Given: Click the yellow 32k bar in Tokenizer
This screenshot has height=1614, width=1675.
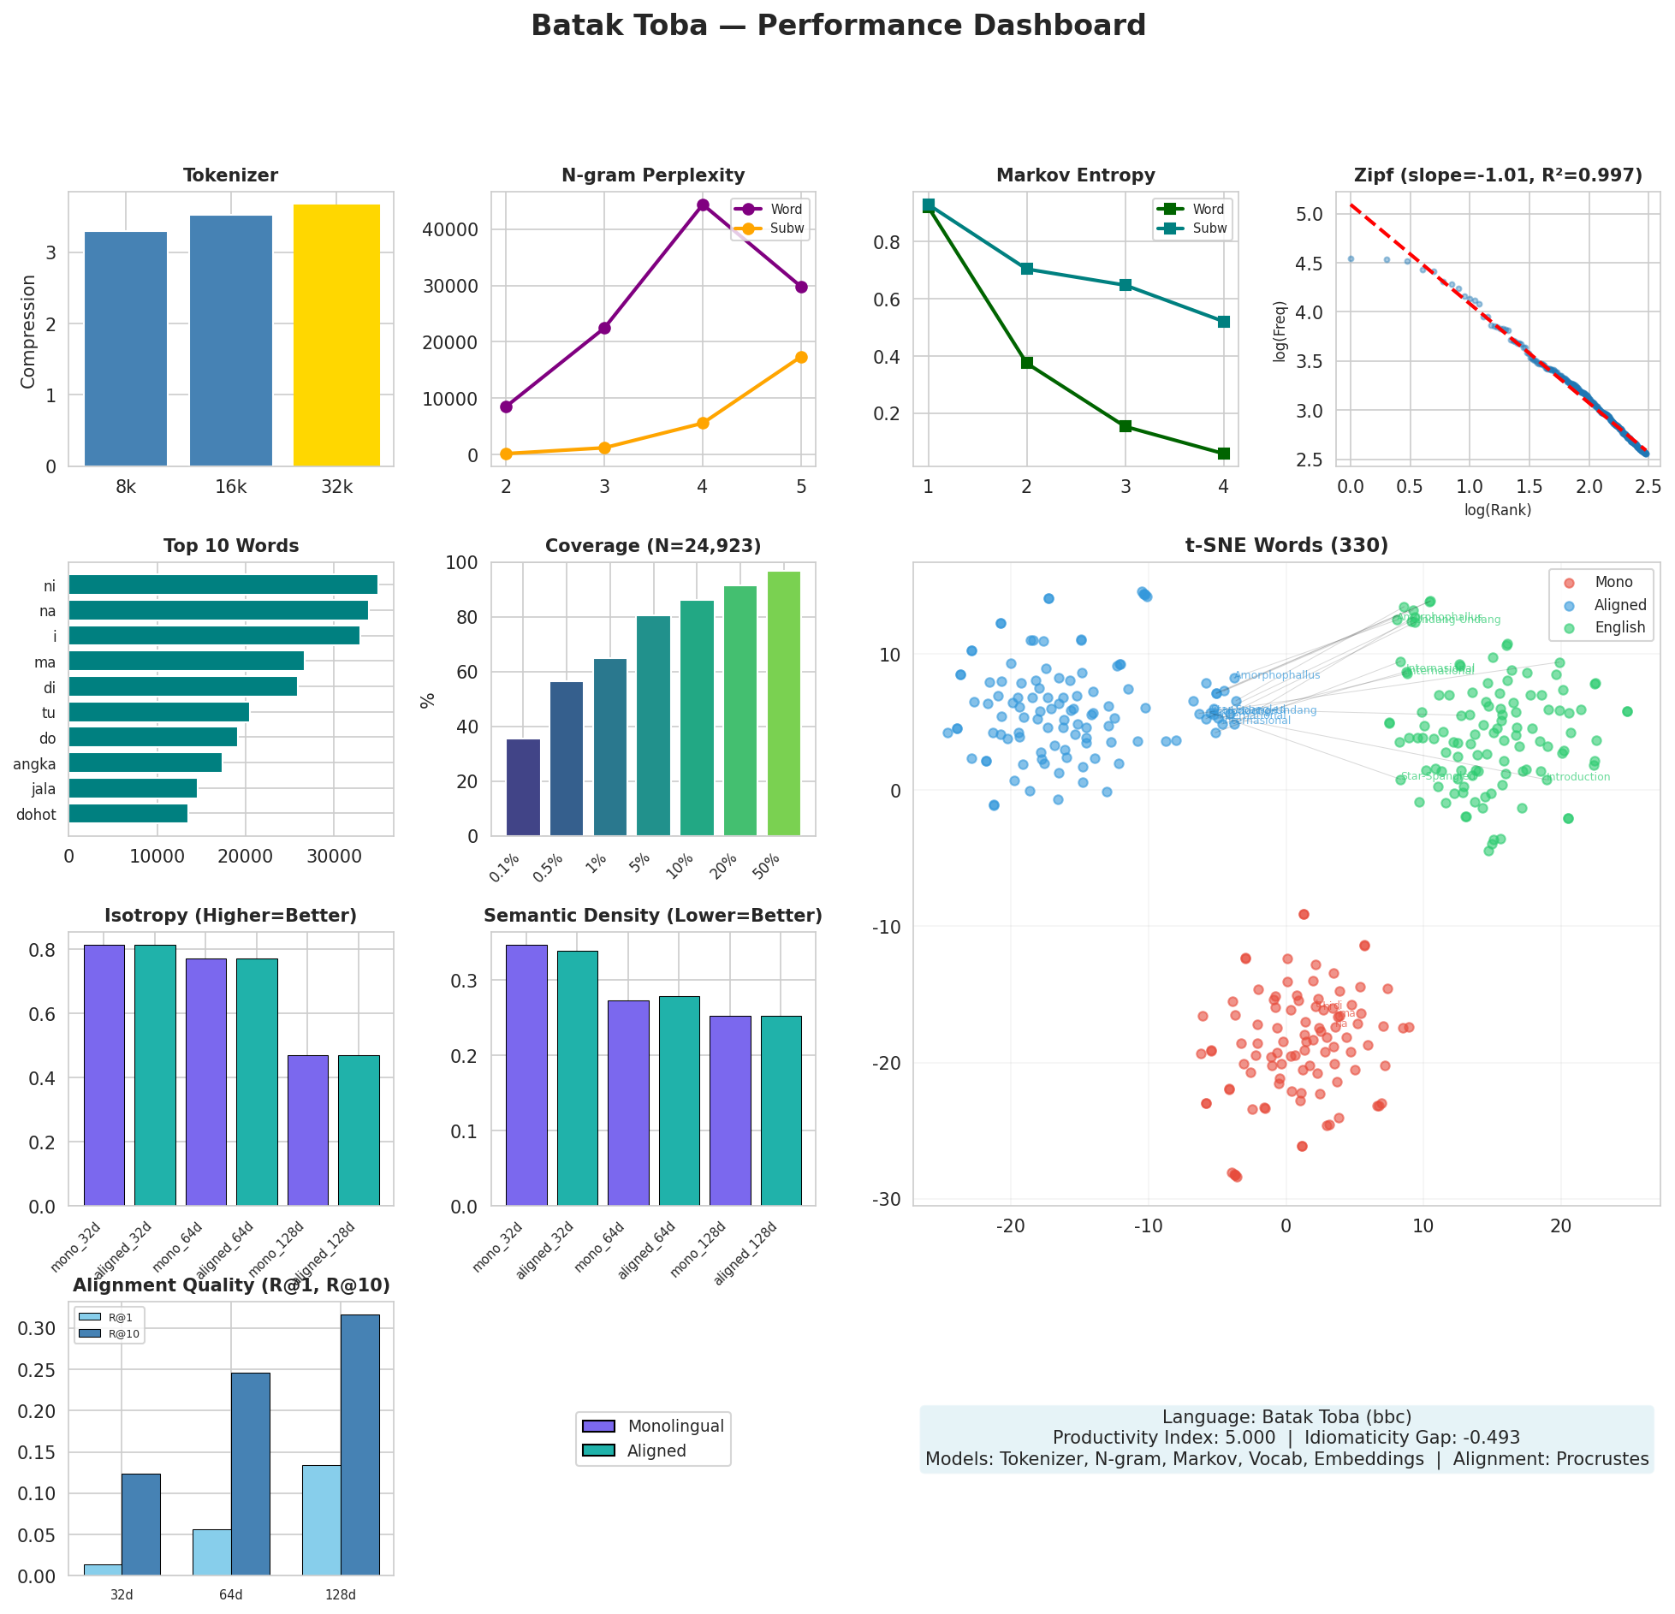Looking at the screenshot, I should pyautogui.click(x=336, y=335).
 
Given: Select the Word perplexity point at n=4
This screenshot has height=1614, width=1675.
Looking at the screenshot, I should pyautogui.click(x=703, y=205).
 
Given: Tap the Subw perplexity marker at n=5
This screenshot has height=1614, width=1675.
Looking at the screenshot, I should pyautogui.click(x=801, y=357).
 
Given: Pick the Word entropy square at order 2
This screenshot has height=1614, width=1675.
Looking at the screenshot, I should pyautogui.click(x=1027, y=363).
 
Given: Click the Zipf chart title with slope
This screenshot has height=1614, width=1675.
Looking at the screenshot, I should pyautogui.click(x=1498, y=175).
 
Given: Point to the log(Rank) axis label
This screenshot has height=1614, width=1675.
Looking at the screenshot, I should pyautogui.click(x=1498, y=510).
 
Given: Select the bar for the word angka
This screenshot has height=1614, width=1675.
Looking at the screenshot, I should pyautogui.click(x=145, y=762).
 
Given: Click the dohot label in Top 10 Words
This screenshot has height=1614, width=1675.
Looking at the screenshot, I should pyautogui.click(x=36, y=815).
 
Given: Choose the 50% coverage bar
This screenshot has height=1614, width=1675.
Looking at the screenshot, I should pyautogui.click(x=784, y=703).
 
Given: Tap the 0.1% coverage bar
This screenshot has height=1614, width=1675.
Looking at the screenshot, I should pyautogui.click(x=523, y=787).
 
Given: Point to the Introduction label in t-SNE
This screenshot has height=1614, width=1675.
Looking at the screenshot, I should pyautogui.click(x=1577, y=777).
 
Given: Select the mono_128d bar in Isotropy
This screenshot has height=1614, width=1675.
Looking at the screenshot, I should pyautogui.click(x=307, y=1130).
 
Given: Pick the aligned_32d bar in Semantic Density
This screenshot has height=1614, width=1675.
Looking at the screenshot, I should pyautogui.click(x=577, y=1078).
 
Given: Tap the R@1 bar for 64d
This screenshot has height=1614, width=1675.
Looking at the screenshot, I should pyautogui.click(x=211, y=1555).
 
